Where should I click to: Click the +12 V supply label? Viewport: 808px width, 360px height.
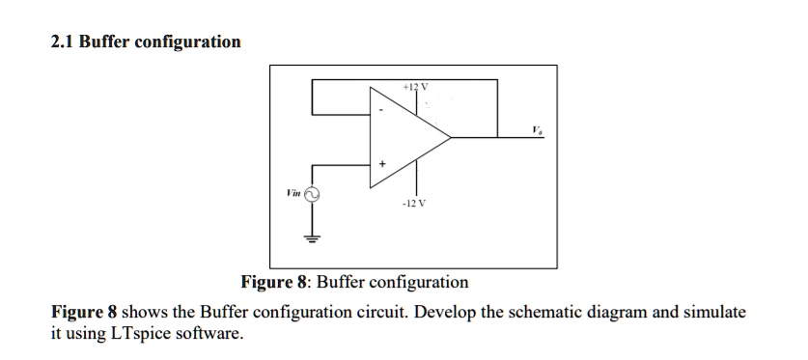click(x=415, y=88)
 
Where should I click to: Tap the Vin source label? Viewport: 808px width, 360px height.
click(x=292, y=193)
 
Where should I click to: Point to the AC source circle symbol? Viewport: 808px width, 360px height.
click(x=311, y=195)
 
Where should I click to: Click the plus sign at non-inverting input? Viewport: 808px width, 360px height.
click(x=381, y=164)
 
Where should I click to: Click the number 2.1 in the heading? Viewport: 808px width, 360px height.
click(x=62, y=42)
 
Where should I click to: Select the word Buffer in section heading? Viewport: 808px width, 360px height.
click(x=105, y=42)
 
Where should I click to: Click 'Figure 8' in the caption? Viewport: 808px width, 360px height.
click(x=273, y=282)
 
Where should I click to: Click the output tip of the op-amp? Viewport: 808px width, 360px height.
click(x=451, y=137)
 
